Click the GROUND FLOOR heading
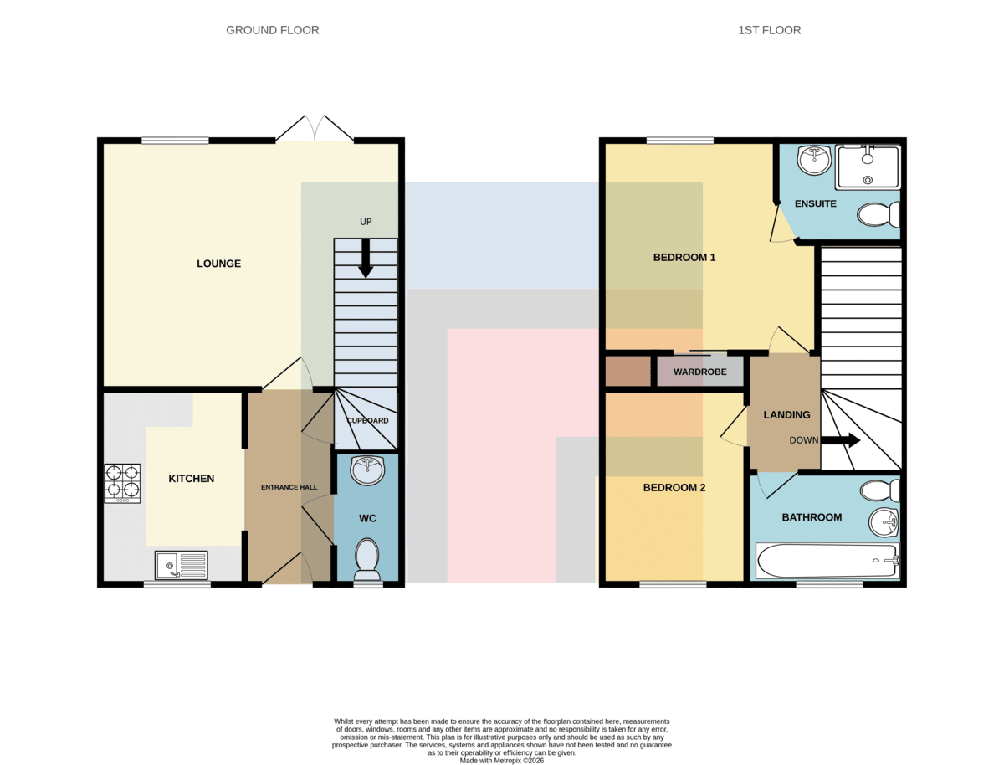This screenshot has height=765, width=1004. (272, 30)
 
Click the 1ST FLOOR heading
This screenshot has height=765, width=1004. (769, 30)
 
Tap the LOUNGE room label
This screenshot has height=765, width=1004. (218, 264)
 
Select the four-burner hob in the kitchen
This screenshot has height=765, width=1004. (122, 484)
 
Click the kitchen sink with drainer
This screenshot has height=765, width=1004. (181, 565)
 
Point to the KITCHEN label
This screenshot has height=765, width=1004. (192, 479)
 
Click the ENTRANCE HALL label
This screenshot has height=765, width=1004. (289, 487)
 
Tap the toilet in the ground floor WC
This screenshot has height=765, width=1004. (366, 560)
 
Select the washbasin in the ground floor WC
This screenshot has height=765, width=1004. (368, 471)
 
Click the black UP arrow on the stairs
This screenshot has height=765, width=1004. (365, 259)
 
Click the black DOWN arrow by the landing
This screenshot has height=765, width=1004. (840, 440)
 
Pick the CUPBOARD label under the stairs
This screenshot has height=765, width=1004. (367, 420)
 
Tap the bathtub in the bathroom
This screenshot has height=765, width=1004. (827, 561)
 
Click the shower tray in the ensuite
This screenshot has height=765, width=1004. (868, 167)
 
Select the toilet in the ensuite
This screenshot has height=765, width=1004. (878, 213)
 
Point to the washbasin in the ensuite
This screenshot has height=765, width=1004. (814, 160)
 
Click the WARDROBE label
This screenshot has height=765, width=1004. (699, 372)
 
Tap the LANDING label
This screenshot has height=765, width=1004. (786, 415)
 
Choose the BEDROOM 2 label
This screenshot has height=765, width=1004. (674, 488)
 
